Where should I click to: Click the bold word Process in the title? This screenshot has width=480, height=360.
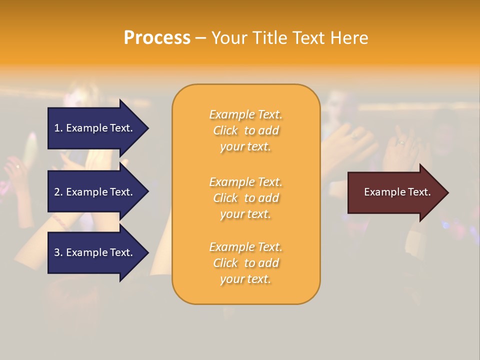pyautogui.click(x=157, y=38)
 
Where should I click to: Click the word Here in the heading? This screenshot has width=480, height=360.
pyautogui.click(x=349, y=38)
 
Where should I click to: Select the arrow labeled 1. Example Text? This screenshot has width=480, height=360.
pyautogui.click(x=95, y=128)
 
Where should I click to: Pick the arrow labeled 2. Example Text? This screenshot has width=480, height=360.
pyautogui.click(x=95, y=192)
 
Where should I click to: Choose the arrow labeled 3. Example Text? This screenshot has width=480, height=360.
pyautogui.click(x=95, y=253)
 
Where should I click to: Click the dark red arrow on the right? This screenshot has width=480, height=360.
pyautogui.click(x=395, y=192)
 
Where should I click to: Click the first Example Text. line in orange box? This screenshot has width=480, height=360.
pyautogui.click(x=245, y=114)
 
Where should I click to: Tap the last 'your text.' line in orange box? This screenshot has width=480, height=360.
pyautogui.click(x=245, y=279)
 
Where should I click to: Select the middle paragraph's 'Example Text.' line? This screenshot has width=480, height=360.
pyautogui.click(x=245, y=182)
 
